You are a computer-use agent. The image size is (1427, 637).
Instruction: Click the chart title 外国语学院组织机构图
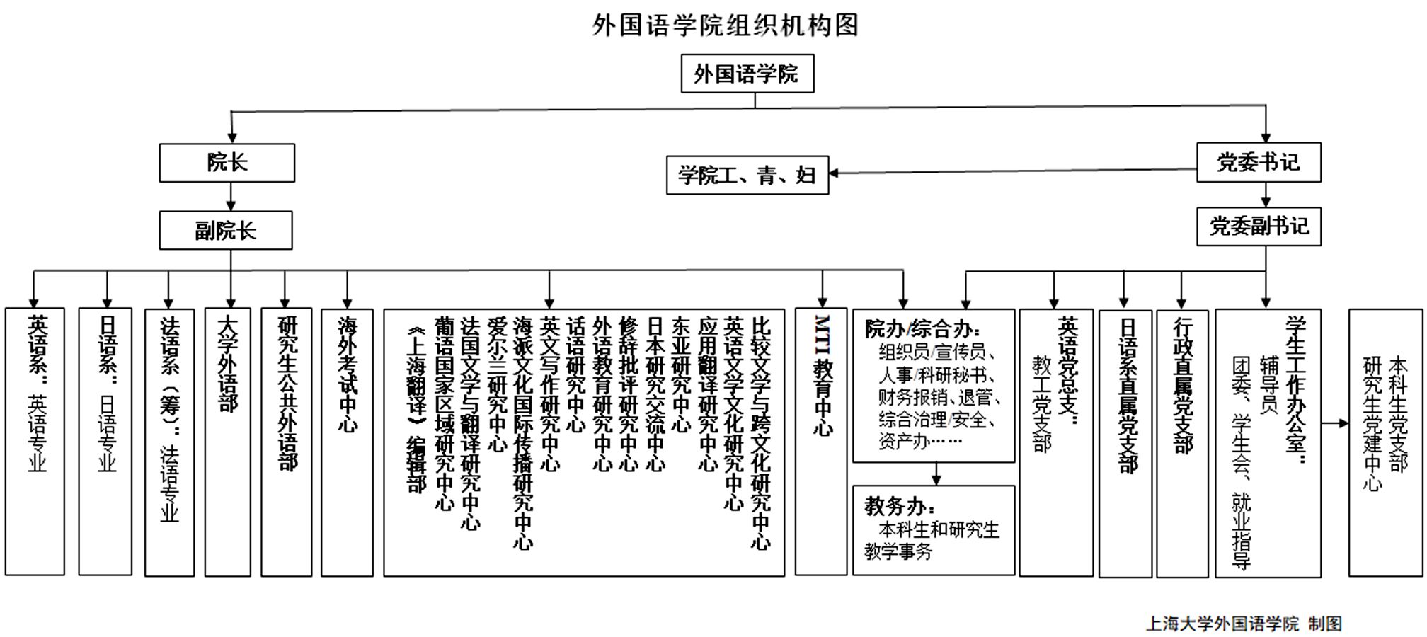click(726, 25)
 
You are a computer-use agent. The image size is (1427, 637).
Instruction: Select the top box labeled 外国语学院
click(747, 74)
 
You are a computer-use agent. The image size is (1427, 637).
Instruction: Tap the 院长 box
click(227, 163)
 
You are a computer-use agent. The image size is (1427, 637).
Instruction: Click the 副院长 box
click(225, 231)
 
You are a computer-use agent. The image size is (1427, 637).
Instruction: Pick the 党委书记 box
click(1258, 163)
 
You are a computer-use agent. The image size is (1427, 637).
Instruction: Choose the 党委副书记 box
click(1258, 226)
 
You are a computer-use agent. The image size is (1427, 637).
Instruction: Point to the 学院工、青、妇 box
click(747, 176)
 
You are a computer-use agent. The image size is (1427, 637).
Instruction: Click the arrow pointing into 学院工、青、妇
click(835, 173)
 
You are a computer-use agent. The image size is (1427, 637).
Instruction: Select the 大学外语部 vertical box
click(227, 442)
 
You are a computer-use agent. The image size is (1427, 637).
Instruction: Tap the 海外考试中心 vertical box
click(347, 442)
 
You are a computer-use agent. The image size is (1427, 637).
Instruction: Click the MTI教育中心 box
click(821, 442)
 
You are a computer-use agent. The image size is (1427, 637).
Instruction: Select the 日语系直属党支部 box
click(1125, 442)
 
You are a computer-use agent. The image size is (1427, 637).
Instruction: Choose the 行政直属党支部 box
click(1182, 442)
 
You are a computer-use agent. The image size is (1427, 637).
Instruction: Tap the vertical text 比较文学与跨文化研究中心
click(760, 432)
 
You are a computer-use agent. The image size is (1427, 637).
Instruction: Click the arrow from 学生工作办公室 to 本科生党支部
click(1335, 424)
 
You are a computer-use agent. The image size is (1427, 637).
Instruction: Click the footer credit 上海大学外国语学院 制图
click(1243, 624)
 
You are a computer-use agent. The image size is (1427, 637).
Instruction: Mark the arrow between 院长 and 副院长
click(231, 197)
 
